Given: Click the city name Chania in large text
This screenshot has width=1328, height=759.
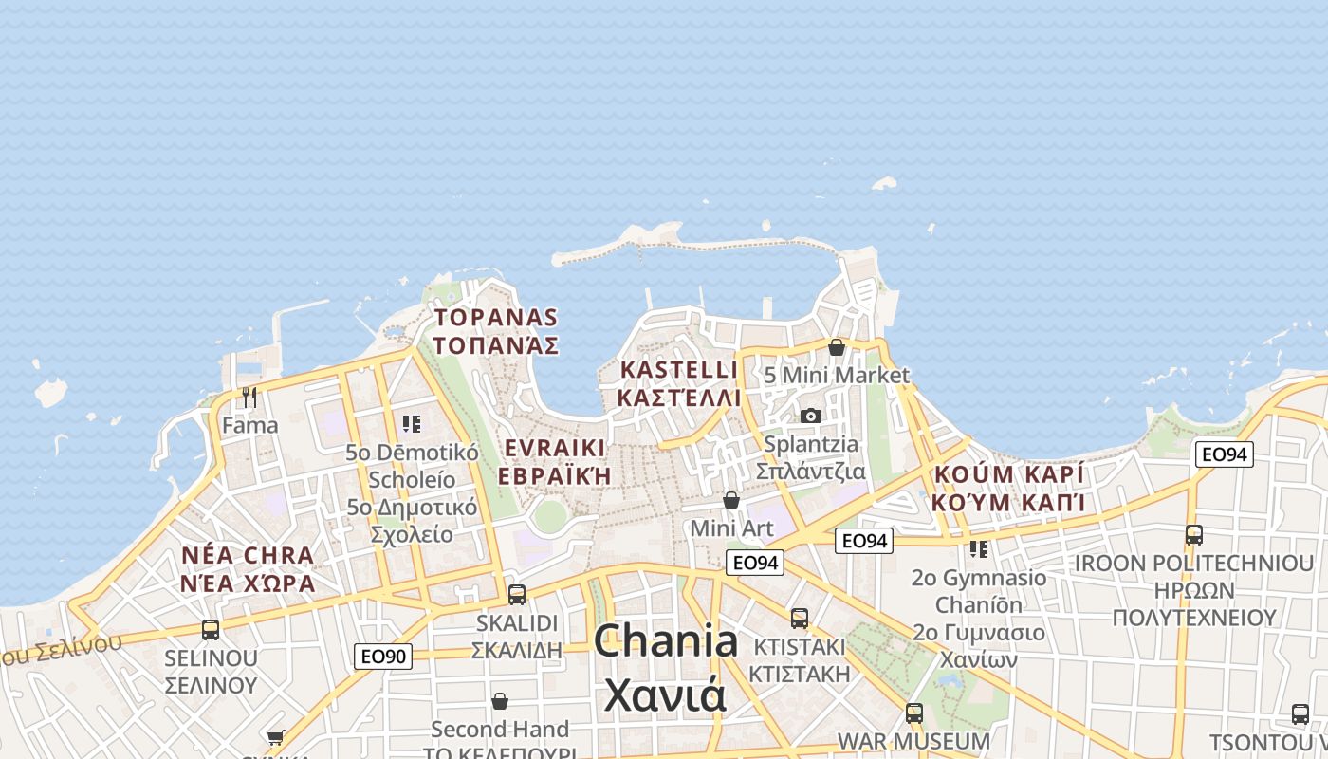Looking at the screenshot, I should (x=666, y=642).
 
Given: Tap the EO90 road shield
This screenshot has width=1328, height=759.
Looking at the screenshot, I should (x=383, y=656).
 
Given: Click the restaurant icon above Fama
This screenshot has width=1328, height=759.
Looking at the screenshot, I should (x=249, y=397).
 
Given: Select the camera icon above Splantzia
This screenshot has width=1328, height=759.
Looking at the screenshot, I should (x=810, y=416).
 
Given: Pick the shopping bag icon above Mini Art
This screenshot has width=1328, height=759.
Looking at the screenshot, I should (x=731, y=499).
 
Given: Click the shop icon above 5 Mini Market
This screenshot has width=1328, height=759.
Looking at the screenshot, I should (x=837, y=347).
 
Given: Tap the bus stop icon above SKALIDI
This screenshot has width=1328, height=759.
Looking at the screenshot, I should (x=517, y=595).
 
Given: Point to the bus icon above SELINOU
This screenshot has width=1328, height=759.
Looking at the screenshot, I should (x=211, y=629).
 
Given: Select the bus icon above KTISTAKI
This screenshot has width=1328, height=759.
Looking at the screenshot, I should (x=800, y=618).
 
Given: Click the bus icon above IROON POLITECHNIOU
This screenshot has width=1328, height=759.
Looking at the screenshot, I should (x=1193, y=534).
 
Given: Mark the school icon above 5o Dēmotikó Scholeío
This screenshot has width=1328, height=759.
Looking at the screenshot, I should (x=411, y=423).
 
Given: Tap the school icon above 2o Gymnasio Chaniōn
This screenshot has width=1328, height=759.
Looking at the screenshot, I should (x=979, y=548).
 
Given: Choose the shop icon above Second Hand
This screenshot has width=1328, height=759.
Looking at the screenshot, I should (x=500, y=701).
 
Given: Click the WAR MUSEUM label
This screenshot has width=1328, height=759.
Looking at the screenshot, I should (x=913, y=740).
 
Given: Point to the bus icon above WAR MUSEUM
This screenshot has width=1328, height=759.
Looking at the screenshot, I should (x=914, y=712).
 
